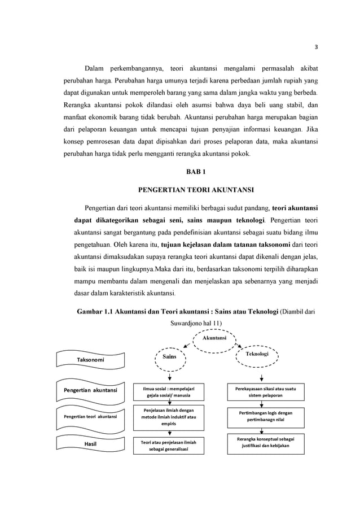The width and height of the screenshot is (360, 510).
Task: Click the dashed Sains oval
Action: (x=169, y=356)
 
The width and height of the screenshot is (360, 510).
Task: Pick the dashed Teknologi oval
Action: (x=257, y=354)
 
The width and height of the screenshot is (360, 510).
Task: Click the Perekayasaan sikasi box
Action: (x=265, y=391)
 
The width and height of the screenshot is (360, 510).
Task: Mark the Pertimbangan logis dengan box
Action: (x=265, y=417)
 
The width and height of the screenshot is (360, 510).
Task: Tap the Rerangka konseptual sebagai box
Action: (x=265, y=442)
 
